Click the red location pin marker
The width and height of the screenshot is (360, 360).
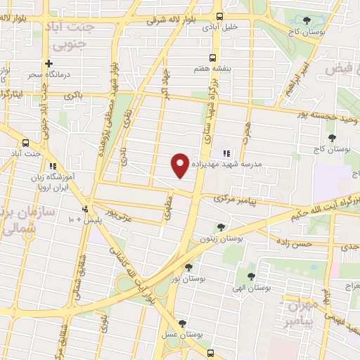click(x=180, y=165)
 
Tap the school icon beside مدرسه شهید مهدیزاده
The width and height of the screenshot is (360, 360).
click(x=226, y=154)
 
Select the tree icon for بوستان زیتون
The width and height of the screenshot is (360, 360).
click(x=221, y=227)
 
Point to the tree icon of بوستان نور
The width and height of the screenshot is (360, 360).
click(x=188, y=266)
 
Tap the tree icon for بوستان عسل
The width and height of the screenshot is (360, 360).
click(x=183, y=323)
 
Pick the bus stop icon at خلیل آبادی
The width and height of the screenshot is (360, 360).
click(x=220, y=15)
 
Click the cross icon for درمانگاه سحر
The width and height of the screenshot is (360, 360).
click(x=49, y=63)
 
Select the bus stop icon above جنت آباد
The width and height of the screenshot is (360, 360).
click(x=27, y=141)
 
